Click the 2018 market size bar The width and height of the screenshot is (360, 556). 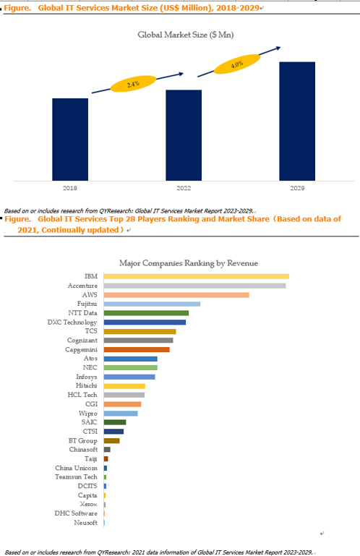[x=70, y=140]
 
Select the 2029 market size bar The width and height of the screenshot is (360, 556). [x=297, y=121]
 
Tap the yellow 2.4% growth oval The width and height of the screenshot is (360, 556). [x=133, y=84]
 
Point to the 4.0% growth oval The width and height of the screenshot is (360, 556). [x=237, y=64]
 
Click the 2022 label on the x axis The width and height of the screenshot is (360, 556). [x=184, y=188]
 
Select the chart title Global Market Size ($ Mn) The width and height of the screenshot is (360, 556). [x=186, y=35]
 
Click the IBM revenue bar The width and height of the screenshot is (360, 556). [x=197, y=277]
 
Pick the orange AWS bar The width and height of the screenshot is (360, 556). [x=176, y=295]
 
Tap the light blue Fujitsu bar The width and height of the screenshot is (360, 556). [x=152, y=304]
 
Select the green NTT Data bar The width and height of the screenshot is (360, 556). [x=146, y=313]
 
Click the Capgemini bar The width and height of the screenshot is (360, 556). [x=137, y=350]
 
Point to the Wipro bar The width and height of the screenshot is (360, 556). [x=121, y=414]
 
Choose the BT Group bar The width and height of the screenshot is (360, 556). [x=112, y=441]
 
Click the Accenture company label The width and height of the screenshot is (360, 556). [x=82, y=286]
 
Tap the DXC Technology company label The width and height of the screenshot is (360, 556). [x=72, y=322]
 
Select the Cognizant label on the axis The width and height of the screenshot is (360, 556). [x=82, y=341]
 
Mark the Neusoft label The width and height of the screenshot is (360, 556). [x=85, y=523]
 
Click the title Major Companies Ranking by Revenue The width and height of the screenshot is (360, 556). [x=189, y=263]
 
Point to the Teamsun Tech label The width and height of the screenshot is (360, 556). [x=76, y=477]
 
